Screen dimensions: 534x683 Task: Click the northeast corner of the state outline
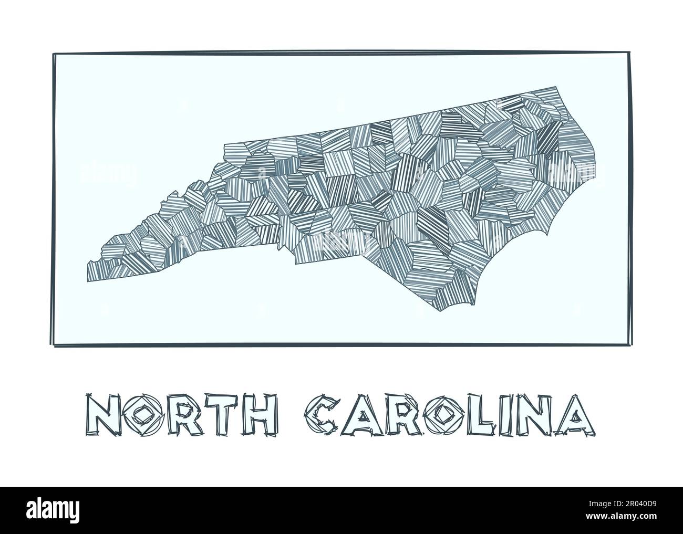(x=555, y=87)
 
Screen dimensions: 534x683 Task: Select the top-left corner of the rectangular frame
(x=54, y=54)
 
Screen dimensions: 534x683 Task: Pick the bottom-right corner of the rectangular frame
(x=631, y=344)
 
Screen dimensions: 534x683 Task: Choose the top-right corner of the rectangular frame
(x=628, y=52)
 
